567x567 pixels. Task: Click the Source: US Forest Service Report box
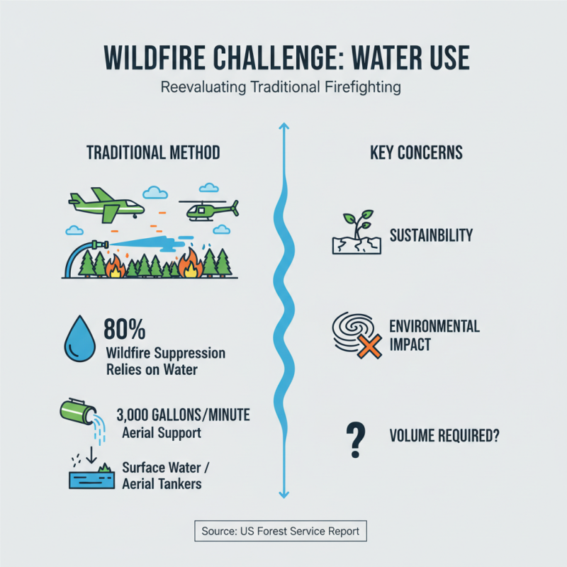pyautogui.click(x=281, y=531)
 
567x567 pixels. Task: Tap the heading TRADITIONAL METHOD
pyautogui.click(x=152, y=152)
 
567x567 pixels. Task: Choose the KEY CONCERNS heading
pyautogui.click(x=416, y=152)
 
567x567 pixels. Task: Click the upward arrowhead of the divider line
pyautogui.click(x=283, y=128)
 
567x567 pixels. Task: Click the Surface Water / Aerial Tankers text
pyautogui.click(x=162, y=475)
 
